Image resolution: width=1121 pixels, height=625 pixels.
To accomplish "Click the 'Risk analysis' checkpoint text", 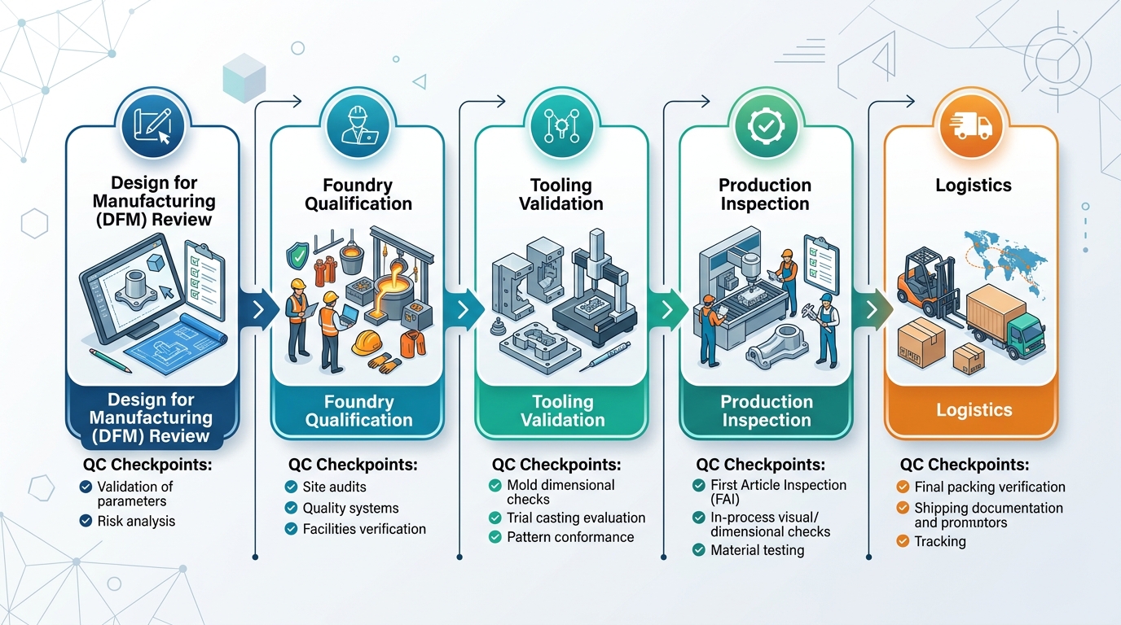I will click(135, 521).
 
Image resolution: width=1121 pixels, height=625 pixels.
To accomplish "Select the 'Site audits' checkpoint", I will click(334, 487).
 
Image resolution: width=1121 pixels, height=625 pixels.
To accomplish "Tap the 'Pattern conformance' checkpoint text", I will click(569, 537).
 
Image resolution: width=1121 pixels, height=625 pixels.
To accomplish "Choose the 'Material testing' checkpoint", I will click(757, 550).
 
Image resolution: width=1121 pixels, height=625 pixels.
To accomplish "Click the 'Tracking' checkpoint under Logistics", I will click(939, 541).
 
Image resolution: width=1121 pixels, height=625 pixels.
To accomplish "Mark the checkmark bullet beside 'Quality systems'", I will click(291, 508).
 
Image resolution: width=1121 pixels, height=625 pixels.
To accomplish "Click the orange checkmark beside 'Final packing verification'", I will click(902, 487).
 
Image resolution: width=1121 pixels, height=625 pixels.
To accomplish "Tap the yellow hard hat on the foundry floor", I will click(368, 342).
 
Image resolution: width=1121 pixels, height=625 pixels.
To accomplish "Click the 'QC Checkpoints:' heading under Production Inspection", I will click(760, 465).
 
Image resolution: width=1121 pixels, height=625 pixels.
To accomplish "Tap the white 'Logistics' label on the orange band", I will click(974, 410).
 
